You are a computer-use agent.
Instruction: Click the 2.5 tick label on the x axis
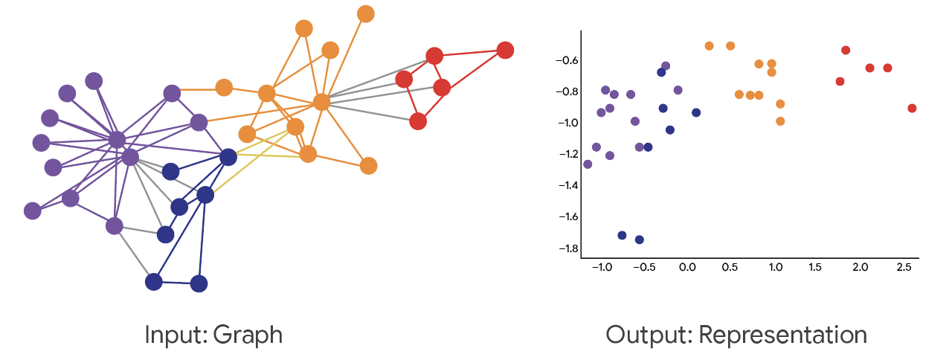coord(904,266)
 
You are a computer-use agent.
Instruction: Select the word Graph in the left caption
coord(248,335)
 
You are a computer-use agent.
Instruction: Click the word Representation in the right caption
coord(783,335)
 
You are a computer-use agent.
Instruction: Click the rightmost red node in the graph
coord(505,50)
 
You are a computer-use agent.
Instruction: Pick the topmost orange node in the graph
coord(365,13)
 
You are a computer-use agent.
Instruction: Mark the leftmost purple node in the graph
coord(32,210)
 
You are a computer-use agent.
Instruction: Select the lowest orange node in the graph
coord(368,166)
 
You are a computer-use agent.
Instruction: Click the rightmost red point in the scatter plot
coord(912,109)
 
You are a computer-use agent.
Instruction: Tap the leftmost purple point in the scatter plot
coord(588,164)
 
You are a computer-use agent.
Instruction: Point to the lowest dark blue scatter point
coord(639,240)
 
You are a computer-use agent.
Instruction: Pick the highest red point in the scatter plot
coord(846,51)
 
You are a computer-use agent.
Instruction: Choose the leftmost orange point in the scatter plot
coord(709,46)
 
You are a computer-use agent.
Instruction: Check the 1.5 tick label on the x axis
coord(816,266)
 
